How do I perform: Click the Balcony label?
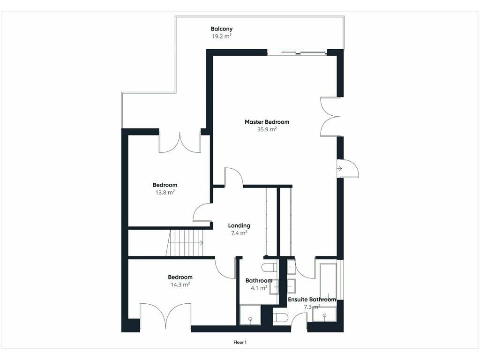tap(222, 29)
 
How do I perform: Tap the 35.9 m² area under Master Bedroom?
tap(267, 129)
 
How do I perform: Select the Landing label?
tap(239, 225)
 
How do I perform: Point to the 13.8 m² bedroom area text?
tap(165, 192)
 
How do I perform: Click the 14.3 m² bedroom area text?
tap(180, 285)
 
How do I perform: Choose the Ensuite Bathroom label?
tap(312, 300)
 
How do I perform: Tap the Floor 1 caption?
tap(240, 342)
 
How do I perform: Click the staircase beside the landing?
tap(185, 243)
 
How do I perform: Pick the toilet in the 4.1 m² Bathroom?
tap(270, 267)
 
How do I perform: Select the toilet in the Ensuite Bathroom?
tap(280, 317)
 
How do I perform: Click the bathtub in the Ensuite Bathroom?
tap(328, 281)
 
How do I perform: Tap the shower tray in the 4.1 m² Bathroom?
tap(250, 315)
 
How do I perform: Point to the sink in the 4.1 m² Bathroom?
tap(274, 287)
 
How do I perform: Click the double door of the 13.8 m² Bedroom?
tap(180, 142)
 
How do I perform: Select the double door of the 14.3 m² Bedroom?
tap(165, 315)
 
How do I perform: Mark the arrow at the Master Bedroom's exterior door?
tap(339, 168)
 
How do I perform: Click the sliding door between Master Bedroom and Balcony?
tap(297, 53)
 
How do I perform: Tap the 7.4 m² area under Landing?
tap(239, 233)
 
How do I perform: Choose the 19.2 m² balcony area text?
tap(222, 36)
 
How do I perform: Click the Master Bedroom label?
tap(267, 122)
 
